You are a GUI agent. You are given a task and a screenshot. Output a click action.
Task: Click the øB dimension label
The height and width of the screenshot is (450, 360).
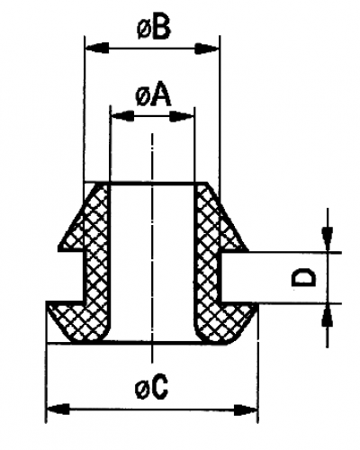point(154,29)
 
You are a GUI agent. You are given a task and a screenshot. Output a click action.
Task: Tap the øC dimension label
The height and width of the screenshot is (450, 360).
point(151,388)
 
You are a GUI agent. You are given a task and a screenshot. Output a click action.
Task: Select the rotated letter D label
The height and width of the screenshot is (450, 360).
point(304,278)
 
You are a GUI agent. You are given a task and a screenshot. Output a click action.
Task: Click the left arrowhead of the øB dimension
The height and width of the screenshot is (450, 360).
point(97,48)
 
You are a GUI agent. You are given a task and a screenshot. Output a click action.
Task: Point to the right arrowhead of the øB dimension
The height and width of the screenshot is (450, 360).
point(207,48)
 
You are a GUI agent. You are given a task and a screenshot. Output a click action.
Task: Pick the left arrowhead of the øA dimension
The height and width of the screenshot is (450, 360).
point(122,116)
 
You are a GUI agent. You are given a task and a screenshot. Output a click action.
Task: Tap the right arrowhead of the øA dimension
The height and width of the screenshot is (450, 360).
point(182,116)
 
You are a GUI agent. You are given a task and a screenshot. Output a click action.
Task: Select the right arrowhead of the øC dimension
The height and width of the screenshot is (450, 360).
point(246,409)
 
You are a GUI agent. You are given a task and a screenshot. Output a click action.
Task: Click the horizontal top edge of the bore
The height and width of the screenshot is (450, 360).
point(152,183)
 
